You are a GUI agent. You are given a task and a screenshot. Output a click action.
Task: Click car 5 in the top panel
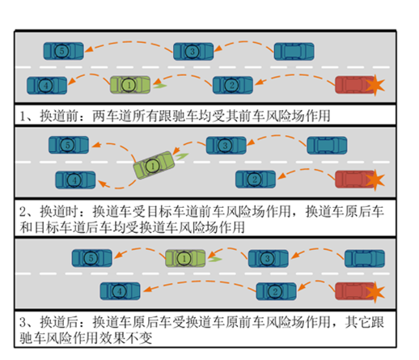pyautogui.click(x=64, y=51)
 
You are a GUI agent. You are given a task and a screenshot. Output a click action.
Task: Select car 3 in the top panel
pyautogui.click(x=193, y=51)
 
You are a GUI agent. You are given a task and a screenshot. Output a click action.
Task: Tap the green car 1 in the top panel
pyautogui.click(x=130, y=85)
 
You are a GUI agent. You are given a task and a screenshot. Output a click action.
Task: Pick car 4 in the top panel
pyautogui.click(x=47, y=86)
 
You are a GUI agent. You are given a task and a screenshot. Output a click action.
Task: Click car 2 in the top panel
pyautogui.click(x=233, y=85)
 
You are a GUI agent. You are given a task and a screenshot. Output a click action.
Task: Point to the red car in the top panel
pyautogui.click(x=355, y=85)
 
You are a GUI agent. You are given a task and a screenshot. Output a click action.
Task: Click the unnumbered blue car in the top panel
pyautogui.click(x=294, y=51)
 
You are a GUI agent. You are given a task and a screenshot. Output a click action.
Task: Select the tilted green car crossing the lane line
pyautogui.click(x=154, y=165)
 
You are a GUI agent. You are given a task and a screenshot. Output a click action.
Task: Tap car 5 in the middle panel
pyautogui.click(x=69, y=145)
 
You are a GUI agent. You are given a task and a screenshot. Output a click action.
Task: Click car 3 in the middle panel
pyautogui.click(x=226, y=146)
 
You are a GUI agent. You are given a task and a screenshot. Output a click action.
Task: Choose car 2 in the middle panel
pyautogui.click(x=256, y=180)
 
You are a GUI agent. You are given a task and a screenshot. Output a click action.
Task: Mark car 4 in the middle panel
pyautogui.click(x=75, y=180)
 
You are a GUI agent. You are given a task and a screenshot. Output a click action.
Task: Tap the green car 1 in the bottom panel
pyautogui.click(x=185, y=258)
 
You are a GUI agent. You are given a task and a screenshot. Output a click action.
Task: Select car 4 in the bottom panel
pyautogui.click(x=121, y=291)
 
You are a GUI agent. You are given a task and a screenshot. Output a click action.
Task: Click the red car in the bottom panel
pyautogui.click(x=355, y=291)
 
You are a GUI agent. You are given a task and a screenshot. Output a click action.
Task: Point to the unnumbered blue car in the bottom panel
pyautogui.click(x=365, y=259)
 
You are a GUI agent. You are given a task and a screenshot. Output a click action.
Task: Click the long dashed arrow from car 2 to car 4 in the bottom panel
pyautogui.click(x=200, y=282)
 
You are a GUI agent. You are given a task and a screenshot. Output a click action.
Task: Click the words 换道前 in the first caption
pyautogui.click(x=59, y=116)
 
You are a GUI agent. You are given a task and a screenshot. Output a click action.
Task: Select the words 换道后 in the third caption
pyautogui.click(x=59, y=322)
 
